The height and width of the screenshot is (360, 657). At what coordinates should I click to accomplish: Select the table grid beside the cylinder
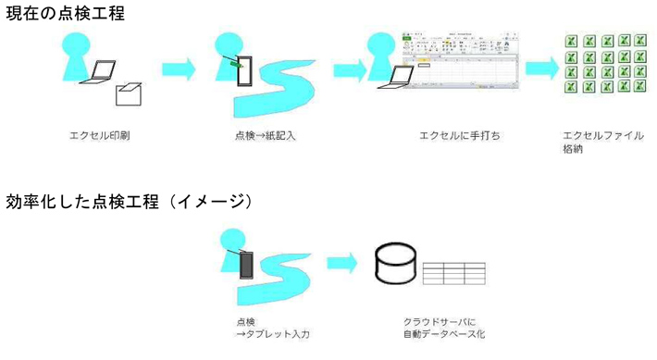[x=454, y=274]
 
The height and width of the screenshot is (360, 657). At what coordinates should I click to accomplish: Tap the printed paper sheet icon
[x=127, y=93]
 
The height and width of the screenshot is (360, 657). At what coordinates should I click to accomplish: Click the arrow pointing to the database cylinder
[x=343, y=263]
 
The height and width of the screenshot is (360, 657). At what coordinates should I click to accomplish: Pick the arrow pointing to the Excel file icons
[x=541, y=68]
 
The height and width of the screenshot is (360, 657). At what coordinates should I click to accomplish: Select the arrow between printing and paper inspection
[x=179, y=69]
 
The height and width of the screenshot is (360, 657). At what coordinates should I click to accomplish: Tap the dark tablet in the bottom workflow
[x=247, y=265]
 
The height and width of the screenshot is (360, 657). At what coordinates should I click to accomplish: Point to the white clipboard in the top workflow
[x=246, y=71]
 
